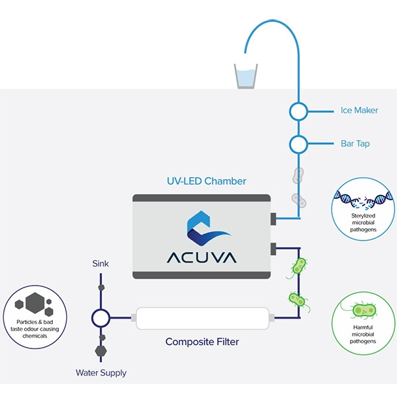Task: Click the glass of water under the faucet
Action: click(245, 76)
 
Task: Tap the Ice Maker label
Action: click(359, 110)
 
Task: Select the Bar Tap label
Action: click(355, 143)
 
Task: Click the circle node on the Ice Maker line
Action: click(298, 111)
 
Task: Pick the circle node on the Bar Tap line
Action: click(298, 143)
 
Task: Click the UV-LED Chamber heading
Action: click(206, 180)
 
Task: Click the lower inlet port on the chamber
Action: click(273, 248)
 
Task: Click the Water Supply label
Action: click(101, 373)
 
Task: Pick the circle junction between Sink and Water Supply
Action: click(101, 318)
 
